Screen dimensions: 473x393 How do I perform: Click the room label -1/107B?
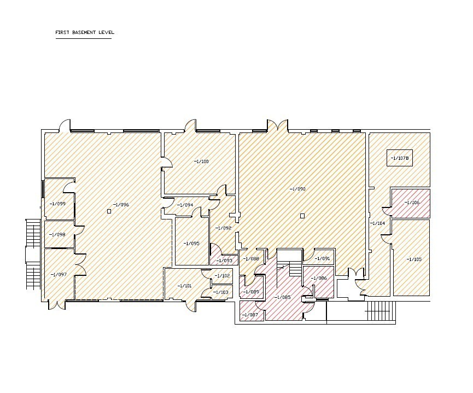point(399,158)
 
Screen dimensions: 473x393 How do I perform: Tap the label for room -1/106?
point(412,203)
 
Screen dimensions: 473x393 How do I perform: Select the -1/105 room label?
point(414,259)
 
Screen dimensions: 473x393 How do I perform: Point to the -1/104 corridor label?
point(377,223)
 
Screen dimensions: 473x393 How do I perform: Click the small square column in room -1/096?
point(109,211)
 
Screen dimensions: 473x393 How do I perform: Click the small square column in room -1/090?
point(302,216)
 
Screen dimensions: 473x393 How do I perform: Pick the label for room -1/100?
point(201,161)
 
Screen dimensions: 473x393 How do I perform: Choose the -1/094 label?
point(185,205)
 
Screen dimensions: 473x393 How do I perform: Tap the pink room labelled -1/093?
point(224,256)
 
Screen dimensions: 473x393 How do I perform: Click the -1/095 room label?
point(191,243)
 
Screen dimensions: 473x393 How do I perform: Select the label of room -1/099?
point(57,204)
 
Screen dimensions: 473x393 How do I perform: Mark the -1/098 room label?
point(57,234)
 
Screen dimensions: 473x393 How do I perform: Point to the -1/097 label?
point(59,275)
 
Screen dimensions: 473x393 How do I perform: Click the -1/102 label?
point(222,276)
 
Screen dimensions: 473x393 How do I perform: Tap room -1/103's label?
point(220,292)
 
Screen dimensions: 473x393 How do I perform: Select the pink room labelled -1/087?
point(252,311)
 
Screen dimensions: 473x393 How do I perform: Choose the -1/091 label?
point(322,259)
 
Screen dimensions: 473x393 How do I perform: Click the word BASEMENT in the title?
point(84,32)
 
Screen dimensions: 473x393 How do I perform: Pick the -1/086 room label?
point(319,278)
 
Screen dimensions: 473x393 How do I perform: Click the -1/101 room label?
point(184,286)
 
